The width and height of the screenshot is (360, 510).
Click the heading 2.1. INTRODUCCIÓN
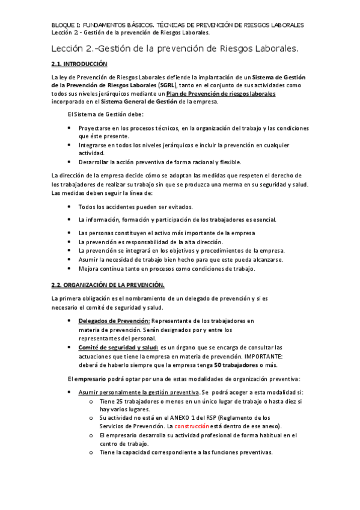click(x=79, y=63)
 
